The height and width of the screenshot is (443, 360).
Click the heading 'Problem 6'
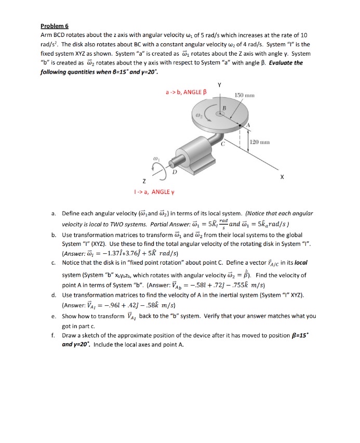click(x=55, y=25)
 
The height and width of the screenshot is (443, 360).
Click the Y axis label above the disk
click(x=219, y=85)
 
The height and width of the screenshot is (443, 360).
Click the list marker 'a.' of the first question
click(x=54, y=213)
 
